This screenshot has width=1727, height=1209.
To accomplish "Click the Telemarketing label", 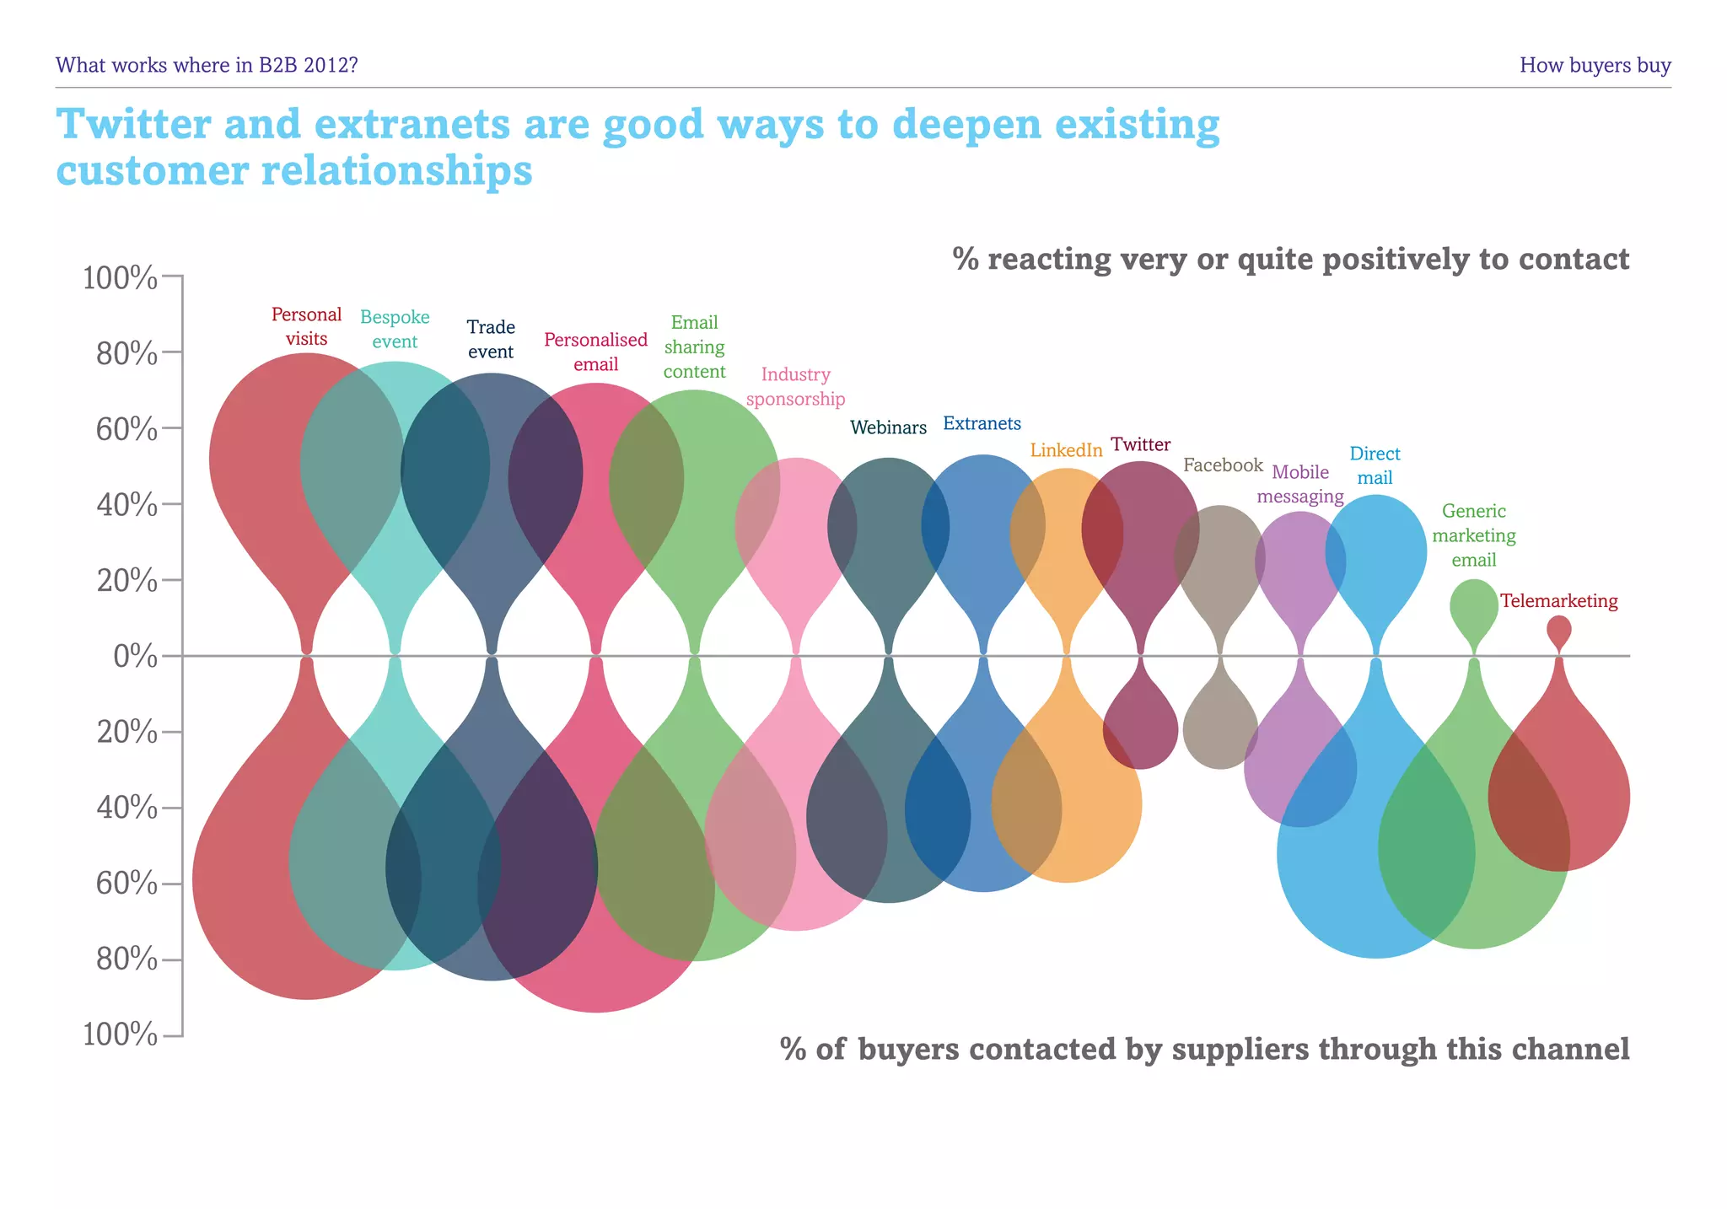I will pos(1558,601).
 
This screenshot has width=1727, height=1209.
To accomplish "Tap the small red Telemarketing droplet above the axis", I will pos(1559,630).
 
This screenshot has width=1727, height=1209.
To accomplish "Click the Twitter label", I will pos(1140,444).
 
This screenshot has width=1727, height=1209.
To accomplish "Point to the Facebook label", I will pos(1223,465).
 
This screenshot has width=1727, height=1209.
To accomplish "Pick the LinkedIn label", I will pos(1066,450).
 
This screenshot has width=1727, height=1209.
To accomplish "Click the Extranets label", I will pos(982,423).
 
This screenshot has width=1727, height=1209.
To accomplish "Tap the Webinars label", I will pos(888,427).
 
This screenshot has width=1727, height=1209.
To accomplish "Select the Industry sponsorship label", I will pos(795,386).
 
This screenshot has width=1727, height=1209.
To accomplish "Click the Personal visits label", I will pos(306,326).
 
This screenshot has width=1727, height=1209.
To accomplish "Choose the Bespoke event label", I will pos(395,329).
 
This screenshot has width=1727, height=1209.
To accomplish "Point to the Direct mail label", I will pos(1375,465).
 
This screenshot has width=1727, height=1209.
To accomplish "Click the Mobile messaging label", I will pos(1300,484).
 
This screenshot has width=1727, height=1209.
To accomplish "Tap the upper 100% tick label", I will pos(120,278).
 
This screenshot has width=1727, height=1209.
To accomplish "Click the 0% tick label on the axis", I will pos(135,657).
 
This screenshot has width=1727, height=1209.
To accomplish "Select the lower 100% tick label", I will pos(120,1034).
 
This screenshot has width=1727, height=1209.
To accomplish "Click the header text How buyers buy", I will pos(1595,65).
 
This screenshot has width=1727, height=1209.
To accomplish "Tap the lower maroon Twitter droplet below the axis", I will pos(1140,729).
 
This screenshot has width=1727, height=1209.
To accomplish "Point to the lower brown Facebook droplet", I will pos(1220,729).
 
